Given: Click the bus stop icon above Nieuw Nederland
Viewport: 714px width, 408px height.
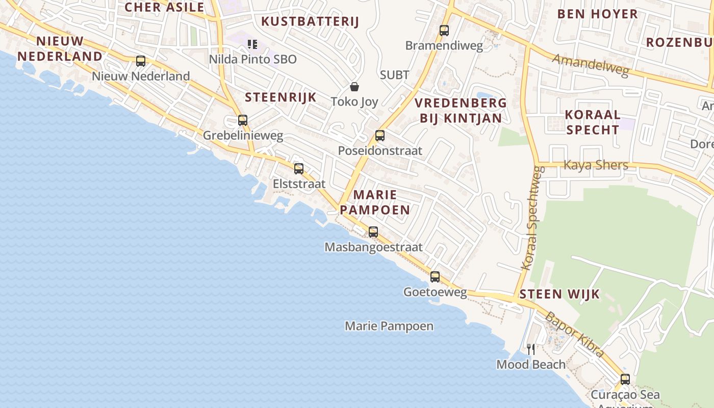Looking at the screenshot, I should click(x=141, y=61).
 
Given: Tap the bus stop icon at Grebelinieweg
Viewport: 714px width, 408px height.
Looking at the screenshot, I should click(x=243, y=120).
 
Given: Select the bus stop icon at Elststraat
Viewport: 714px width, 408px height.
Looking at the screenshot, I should click(x=299, y=168).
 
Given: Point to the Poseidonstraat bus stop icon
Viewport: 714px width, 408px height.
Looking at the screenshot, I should click(x=380, y=135).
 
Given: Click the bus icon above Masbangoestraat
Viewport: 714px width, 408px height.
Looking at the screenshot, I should click(x=373, y=232).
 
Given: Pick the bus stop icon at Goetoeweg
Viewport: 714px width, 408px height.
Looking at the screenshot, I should click(x=435, y=276).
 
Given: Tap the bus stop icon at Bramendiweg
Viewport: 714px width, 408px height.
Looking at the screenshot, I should click(x=444, y=30).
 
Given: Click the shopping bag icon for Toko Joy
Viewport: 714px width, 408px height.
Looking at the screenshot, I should click(x=354, y=87).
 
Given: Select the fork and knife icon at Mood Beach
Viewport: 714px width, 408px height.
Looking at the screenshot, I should click(x=531, y=349).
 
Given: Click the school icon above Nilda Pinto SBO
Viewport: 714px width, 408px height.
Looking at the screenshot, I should click(x=252, y=44).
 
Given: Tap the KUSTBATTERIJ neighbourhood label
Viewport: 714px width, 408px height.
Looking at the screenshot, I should click(x=310, y=21).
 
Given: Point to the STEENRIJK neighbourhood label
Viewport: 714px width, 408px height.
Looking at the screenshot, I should click(x=280, y=97).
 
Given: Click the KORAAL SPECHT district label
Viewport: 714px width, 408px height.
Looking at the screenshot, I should click(x=593, y=122).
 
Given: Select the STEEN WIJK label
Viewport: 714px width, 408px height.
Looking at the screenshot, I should click(x=559, y=294).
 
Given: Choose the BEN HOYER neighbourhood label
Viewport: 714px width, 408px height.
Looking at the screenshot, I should click(x=597, y=14).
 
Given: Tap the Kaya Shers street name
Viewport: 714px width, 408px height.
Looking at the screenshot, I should click(x=596, y=165).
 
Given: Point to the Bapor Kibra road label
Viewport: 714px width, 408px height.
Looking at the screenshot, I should click(x=575, y=334).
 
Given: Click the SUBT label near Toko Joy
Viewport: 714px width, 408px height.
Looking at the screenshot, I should click(x=394, y=75).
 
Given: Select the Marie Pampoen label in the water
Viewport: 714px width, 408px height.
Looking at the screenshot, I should click(x=389, y=326).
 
